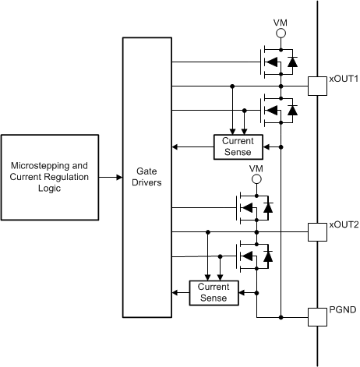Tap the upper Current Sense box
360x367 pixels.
click(x=238, y=145)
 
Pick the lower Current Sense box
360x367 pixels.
click(x=214, y=292)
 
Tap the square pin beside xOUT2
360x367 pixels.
click(x=317, y=231)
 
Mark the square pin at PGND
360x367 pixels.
click(x=317, y=316)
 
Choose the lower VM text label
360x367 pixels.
click(x=256, y=168)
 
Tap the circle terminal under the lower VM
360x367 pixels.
click(x=256, y=181)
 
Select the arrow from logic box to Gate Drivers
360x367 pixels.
click(x=111, y=177)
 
